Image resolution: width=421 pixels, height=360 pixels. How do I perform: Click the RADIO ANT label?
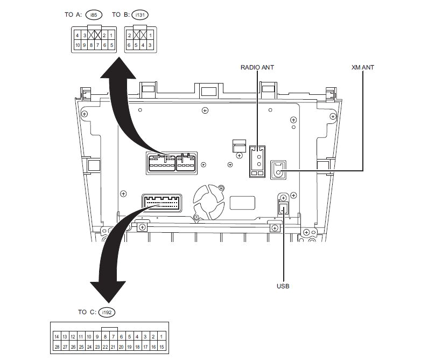(257, 67)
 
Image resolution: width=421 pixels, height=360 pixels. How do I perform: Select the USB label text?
(283, 286)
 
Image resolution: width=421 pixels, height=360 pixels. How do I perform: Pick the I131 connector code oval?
(139, 15)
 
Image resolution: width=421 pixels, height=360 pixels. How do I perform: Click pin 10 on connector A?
(78, 45)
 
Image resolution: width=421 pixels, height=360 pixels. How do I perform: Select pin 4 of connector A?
(78, 35)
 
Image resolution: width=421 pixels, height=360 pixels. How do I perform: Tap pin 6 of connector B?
(130, 45)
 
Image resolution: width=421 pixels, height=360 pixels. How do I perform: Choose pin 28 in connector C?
(57, 348)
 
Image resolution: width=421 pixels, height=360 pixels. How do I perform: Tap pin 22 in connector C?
(105, 348)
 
